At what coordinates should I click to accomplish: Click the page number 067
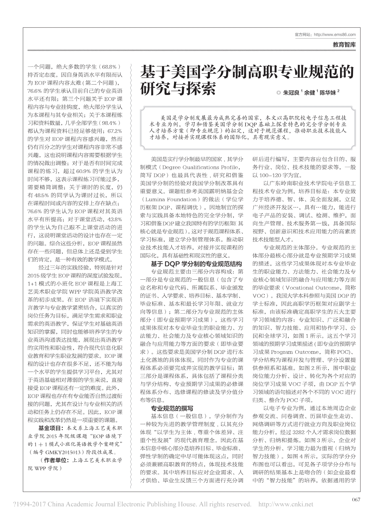coord(356,500)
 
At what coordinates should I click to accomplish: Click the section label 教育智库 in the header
coord(344,44)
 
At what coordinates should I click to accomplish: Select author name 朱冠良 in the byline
coord(291,92)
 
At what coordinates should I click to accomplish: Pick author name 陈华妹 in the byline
coord(328,92)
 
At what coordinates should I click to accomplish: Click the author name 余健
coord(309,92)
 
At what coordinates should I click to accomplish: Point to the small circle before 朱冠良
coord(279,93)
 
